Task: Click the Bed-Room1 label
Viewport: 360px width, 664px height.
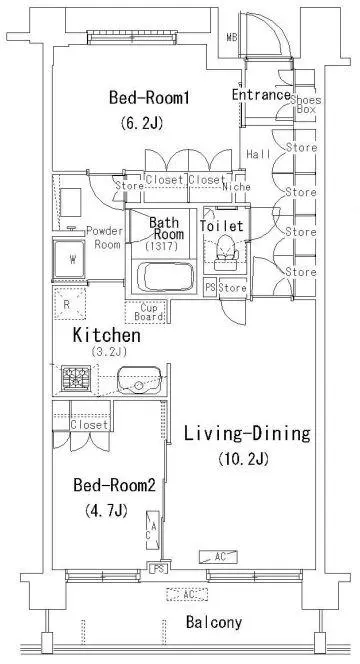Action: [x=149, y=98]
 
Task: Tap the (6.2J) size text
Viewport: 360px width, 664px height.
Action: [x=142, y=123]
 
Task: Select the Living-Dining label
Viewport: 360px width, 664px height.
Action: [x=247, y=434]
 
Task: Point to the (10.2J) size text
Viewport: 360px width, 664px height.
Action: [x=244, y=459]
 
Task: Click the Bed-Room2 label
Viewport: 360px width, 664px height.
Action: [x=114, y=485]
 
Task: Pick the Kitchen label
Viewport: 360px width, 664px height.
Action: [x=106, y=335]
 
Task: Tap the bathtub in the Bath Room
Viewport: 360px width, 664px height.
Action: [x=165, y=277]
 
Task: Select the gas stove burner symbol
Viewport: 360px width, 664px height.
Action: [x=76, y=378]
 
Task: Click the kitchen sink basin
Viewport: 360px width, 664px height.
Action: [x=140, y=379]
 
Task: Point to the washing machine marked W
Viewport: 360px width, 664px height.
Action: [x=69, y=259]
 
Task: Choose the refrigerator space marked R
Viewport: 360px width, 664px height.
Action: [x=69, y=304]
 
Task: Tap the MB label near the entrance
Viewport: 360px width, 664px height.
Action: [x=231, y=37]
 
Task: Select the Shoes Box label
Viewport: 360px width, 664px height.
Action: [x=306, y=105]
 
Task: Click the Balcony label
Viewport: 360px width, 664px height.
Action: [x=214, y=622]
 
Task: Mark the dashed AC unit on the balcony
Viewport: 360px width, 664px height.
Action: [x=187, y=595]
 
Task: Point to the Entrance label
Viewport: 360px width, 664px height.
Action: [x=261, y=95]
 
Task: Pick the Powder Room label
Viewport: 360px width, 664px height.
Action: [x=105, y=238]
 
